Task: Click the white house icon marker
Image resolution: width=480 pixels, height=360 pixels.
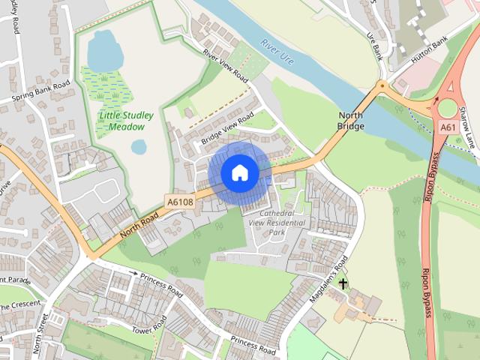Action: point(239,173)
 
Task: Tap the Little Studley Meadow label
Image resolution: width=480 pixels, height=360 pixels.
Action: point(126,121)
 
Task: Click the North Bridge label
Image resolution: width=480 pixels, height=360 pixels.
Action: point(351,121)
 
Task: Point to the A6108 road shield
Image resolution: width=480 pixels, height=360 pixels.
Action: point(180,202)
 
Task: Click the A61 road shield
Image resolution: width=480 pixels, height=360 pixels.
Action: point(448,127)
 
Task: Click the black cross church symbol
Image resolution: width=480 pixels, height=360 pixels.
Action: point(343,283)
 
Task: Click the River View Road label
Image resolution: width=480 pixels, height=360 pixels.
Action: point(225,65)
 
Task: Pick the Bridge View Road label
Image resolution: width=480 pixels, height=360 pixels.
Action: point(228,128)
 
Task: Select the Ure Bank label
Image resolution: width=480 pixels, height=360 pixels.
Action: point(375,43)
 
